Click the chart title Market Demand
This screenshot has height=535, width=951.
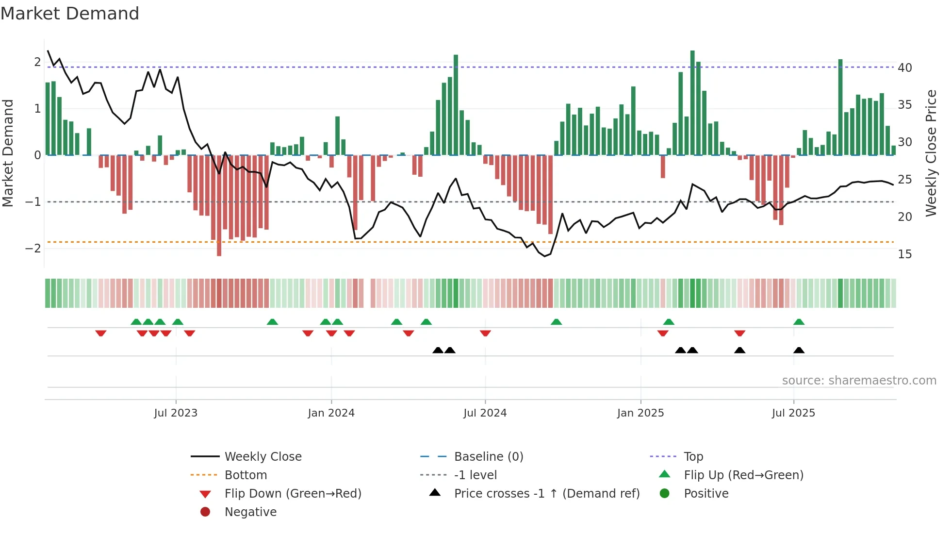pos(70,14)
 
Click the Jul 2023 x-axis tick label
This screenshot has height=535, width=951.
pos(176,413)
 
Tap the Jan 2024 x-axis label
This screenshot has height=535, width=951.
pos(331,413)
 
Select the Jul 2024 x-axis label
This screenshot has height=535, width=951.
pos(485,413)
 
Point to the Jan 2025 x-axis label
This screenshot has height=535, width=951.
pos(640,413)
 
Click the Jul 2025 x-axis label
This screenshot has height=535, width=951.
pos(793,413)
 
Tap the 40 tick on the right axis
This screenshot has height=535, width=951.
pos(904,68)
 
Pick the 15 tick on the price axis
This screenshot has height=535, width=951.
pos(904,254)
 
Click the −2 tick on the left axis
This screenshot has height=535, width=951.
pos(33,249)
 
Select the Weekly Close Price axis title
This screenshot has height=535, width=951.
pos(931,153)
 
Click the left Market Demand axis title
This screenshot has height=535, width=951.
pos(8,153)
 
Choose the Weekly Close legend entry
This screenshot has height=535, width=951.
pos(262,457)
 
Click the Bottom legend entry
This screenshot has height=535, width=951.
pos(246,475)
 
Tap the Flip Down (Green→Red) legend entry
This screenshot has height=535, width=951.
pos(293,494)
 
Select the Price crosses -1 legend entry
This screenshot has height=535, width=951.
pos(546,494)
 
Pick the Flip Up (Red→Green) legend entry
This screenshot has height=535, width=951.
pos(743,475)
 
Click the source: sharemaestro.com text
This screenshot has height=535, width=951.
pos(859,381)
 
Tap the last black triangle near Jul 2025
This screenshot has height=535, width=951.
pos(799,351)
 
